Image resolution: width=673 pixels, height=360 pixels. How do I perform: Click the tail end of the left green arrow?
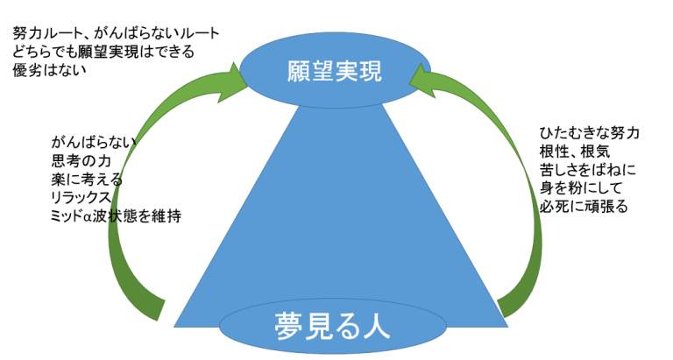coord(154,306)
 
